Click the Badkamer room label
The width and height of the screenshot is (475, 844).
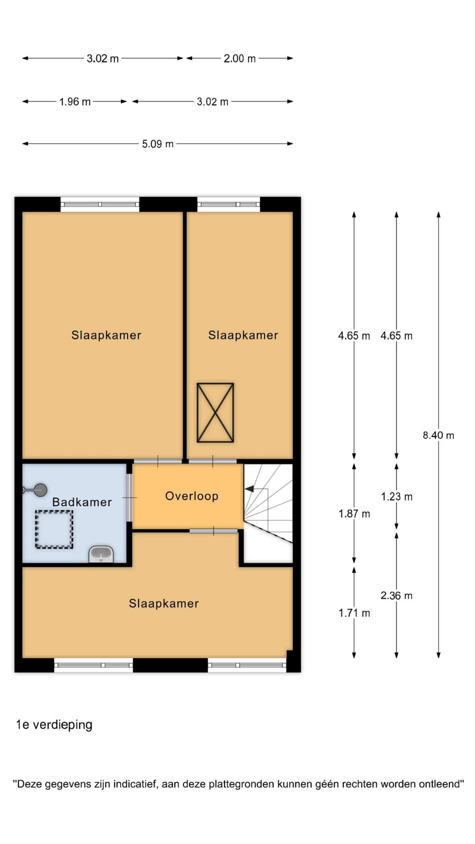click(x=82, y=502)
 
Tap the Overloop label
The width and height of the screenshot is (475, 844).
click(x=192, y=496)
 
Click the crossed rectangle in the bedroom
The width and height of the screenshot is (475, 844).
click(x=215, y=412)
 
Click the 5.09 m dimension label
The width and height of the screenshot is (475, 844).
click(x=158, y=144)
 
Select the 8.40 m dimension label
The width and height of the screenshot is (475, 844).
click(x=438, y=435)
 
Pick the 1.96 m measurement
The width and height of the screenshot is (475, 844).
click(x=75, y=102)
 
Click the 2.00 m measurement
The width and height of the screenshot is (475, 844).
click(x=240, y=58)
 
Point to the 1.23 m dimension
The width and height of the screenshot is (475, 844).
click(x=396, y=497)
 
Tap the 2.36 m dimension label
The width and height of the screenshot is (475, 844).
click(x=396, y=595)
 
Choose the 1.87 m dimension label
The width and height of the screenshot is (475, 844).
click(x=354, y=514)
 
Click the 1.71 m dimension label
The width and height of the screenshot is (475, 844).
click(x=354, y=613)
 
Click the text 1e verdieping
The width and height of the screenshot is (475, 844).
click(x=54, y=725)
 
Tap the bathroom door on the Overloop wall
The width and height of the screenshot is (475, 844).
click(x=130, y=497)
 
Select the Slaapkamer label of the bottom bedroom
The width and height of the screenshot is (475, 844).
click(x=164, y=603)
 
